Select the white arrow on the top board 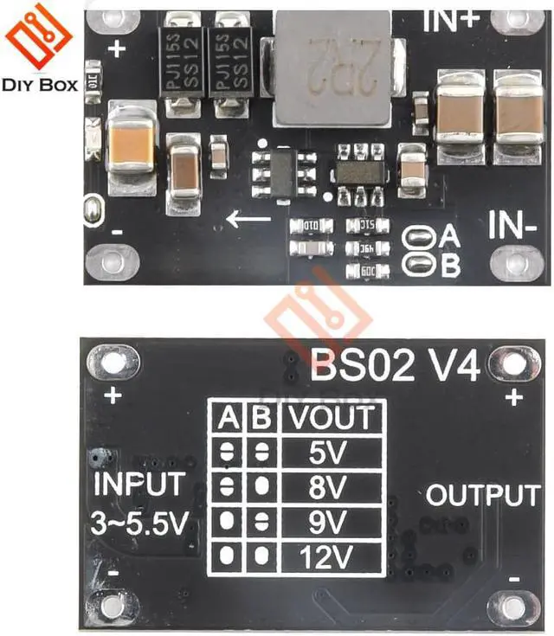click(x=248, y=219)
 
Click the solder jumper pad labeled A click(x=421, y=236)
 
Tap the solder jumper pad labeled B click(x=421, y=264)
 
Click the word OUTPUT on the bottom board click(x=483, y=496)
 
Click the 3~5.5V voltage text click(x=138, y=522)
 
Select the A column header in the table click(x=229, y=418)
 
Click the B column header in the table click(x=261, y=418)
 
